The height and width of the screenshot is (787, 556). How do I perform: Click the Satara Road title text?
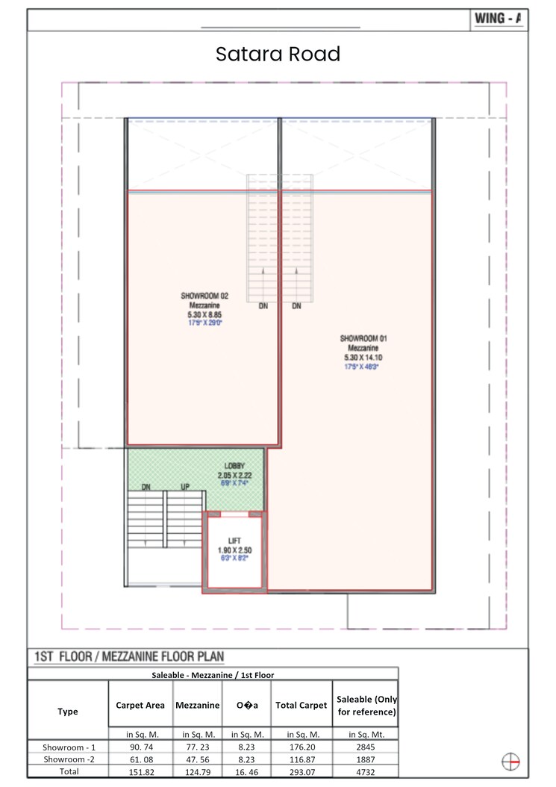(278, 55)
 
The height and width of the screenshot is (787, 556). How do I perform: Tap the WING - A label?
(498, 20)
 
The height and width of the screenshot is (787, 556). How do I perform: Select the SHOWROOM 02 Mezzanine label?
(204, 300)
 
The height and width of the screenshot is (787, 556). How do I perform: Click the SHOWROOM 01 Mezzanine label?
(363, 343)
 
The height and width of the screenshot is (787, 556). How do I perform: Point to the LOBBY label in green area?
(234, 466)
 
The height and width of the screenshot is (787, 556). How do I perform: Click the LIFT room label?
(234, 541)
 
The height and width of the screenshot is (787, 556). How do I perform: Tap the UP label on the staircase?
(185, 487)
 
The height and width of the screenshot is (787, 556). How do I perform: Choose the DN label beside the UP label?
(146, 487)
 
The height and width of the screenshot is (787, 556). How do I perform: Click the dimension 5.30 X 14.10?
(363, 358)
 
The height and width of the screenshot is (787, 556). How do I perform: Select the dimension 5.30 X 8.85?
(204, 314)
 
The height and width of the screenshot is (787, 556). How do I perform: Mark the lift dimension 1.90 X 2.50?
(234, 550)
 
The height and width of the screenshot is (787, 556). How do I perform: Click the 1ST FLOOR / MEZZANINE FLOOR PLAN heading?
(129, 658)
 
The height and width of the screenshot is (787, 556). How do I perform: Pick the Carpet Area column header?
(140, 705)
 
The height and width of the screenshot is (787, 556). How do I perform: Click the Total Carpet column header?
(301, 705)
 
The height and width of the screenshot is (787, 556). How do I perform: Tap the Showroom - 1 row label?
(68, 745)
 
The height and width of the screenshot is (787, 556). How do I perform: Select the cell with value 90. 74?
(140, 745)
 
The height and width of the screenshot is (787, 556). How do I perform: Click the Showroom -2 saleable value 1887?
(366, 758)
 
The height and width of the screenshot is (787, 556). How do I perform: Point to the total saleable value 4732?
(366, 771)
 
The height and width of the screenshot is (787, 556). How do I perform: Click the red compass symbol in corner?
(510, 761)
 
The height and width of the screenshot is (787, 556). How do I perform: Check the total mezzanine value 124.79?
(197, 771)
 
